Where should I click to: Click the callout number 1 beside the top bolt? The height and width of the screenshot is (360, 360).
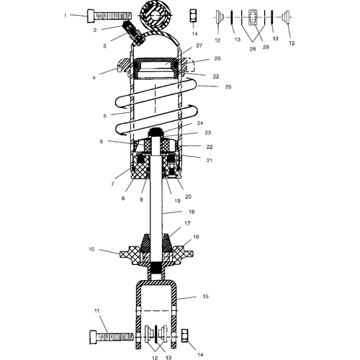click(x=65, y=15)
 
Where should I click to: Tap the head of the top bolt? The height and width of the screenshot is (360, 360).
click(x=91, y=16)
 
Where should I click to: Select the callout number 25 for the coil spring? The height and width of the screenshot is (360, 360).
click(x=228, y=86)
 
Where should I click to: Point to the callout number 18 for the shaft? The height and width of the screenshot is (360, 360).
click(x=192, y=212)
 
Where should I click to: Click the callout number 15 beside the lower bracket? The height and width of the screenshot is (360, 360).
click(x=206, y=297)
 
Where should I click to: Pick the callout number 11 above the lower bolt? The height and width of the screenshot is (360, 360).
click(x=96, y=311)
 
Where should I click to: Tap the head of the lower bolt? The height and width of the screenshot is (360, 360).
click(x=94, y=337)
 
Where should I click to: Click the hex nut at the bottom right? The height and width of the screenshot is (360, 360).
click(x=184, y=336)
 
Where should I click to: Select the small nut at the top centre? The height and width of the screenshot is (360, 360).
click(x=193, y=16)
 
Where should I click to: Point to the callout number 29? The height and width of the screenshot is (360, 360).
click(x=266, y=47)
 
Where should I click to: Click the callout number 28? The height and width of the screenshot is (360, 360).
click(x=253, y=49)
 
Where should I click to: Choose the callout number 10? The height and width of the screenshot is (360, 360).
click(x=91, y=249)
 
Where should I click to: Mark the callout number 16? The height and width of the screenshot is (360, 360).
click(x=196, y=237)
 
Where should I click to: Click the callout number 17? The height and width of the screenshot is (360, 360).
click(x=187, y=223)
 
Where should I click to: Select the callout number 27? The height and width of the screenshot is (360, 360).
click(x=199, y=45)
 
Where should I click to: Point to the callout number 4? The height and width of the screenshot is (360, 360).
click(x=94, y=78)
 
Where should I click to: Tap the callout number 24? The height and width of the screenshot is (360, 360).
click(x=200, y=123)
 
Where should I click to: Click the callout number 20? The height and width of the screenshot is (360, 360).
click(x=188, y=197)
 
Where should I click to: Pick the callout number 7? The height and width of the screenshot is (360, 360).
click(x=112, y=184)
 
